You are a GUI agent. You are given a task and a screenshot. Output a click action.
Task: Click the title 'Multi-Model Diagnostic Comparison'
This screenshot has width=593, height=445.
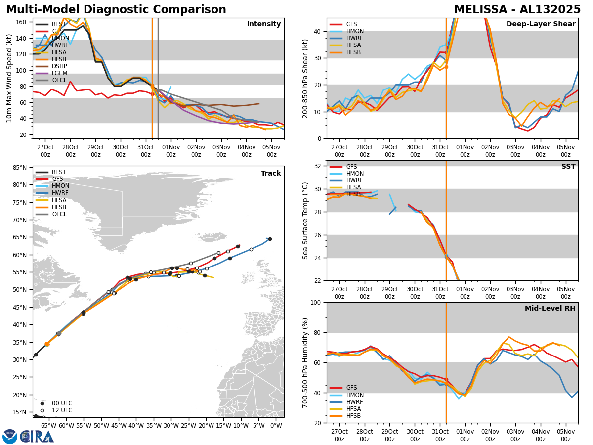(116, 10)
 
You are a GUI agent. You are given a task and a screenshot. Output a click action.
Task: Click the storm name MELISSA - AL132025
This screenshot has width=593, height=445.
(517, 10)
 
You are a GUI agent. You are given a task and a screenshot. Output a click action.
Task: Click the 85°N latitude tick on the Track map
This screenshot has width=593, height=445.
(20, 168)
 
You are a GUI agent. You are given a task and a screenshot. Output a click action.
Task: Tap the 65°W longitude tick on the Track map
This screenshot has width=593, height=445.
(48, 426)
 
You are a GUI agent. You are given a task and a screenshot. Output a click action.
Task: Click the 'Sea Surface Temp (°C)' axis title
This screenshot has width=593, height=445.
(306, 221)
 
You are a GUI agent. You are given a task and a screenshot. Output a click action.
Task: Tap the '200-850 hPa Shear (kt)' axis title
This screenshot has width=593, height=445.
(306, 78)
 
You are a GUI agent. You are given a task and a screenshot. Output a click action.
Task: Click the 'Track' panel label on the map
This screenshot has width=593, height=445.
(271, 174)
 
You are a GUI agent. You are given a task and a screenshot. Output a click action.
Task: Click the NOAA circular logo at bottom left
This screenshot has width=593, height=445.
(10, 436)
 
